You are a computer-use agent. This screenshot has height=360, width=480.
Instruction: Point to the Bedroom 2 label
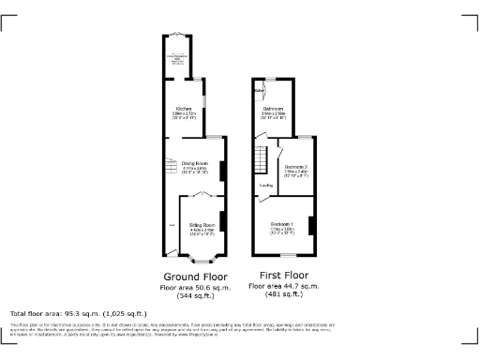296,167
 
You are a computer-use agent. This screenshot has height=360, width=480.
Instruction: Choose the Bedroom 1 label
282,224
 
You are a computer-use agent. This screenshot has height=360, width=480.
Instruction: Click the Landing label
266,186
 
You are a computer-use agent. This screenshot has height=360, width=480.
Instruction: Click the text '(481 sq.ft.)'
283,294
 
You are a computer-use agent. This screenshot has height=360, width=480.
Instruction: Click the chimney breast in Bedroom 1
312,225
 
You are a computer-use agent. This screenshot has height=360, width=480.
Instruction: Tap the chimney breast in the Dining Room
222,171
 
